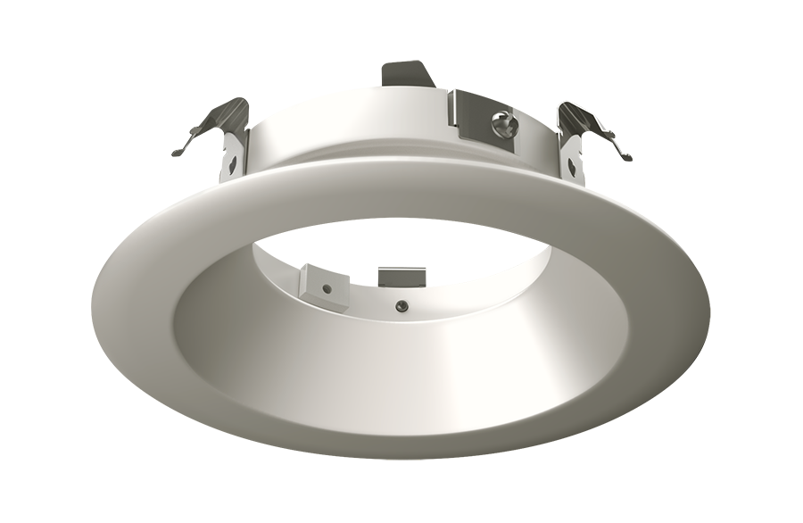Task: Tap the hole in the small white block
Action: click(x=328, y=288)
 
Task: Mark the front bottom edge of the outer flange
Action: click(x=401, y=451)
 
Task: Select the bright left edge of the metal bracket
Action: click(x=453, y=112)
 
